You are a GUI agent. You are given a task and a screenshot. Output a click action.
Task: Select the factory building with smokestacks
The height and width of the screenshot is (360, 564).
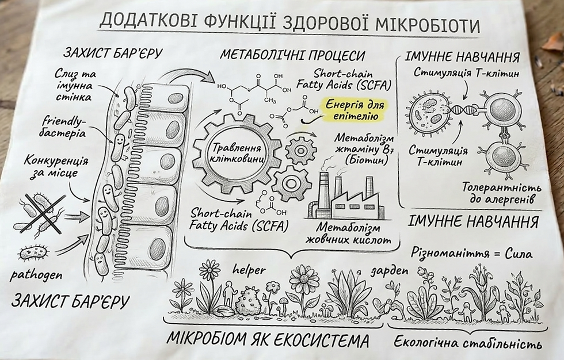(344, 196)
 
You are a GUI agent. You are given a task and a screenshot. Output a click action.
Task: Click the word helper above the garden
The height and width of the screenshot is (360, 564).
(249, 270)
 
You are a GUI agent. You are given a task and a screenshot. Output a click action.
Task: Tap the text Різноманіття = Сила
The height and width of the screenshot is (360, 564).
(472, 252)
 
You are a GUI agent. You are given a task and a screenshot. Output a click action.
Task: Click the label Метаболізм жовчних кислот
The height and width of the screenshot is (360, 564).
(345, 233)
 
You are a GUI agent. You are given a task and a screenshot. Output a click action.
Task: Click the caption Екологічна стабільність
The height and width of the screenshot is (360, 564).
(467, 343)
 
